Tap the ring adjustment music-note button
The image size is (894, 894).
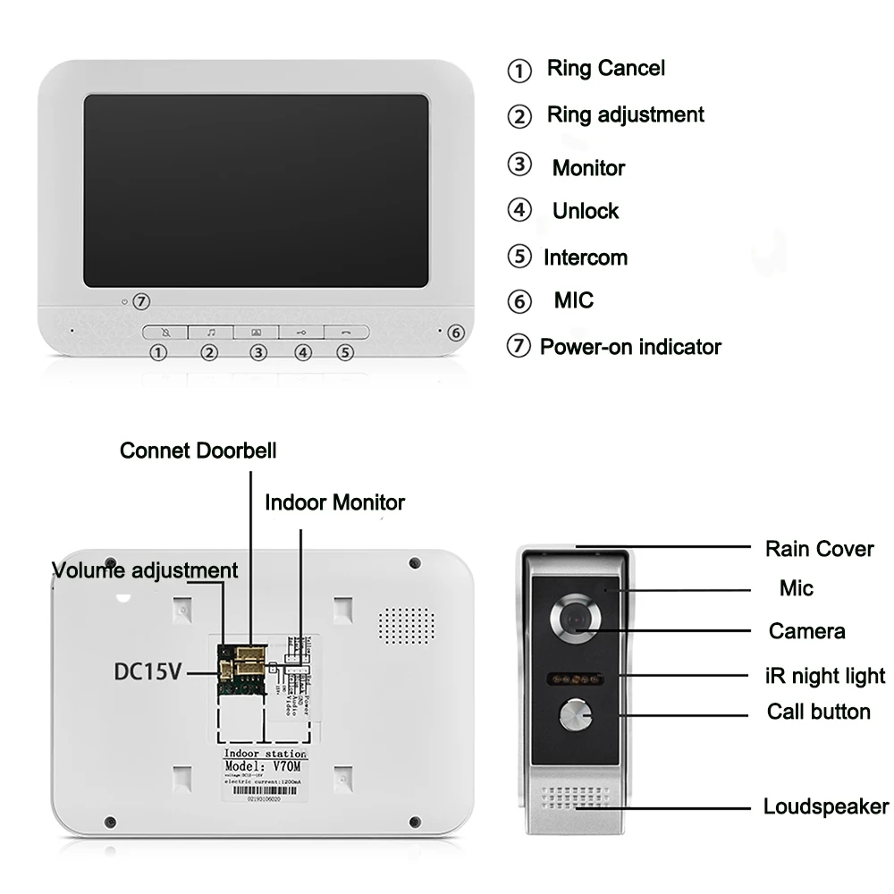coord(211,332)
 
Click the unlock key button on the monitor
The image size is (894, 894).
coord(302,332)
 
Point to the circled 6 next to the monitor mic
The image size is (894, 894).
coord(455,333)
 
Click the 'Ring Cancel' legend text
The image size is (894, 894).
coord(605,68)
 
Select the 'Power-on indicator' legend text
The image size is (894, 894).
coord(630,347)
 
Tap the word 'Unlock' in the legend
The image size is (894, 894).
coord(586,211)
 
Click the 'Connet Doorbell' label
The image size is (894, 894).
coord(198,451)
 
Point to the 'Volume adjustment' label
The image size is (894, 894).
coord(145,570)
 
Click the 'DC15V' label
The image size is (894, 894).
coord(148,670)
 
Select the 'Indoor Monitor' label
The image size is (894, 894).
coord(334,502)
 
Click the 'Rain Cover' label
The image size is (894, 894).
coord(819,549)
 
